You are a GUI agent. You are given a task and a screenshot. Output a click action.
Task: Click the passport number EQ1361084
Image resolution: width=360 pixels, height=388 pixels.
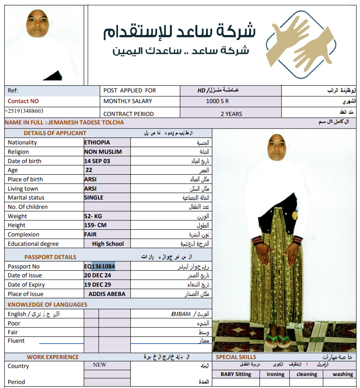pyautogui.click(x=100, y=266)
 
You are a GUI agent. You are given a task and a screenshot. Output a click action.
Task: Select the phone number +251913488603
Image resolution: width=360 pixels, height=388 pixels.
pyautogui.click(x=24, y=111)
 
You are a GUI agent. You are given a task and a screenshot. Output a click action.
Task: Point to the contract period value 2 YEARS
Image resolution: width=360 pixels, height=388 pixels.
pyautogui.click(x=231, y=114)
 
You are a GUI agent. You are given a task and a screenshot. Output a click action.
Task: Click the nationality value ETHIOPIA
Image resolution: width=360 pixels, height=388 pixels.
pyautogui.click(x=97, y=143)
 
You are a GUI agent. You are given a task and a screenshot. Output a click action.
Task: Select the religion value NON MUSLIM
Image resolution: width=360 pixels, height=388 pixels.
pyautogui.click(x=103, y=152)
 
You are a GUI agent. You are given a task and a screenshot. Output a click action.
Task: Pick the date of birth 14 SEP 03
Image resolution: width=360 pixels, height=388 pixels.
pyautogui.click(x=97, y=161)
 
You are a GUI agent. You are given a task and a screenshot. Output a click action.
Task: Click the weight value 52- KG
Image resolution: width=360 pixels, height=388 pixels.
pyautogui.click(x=93, y=216)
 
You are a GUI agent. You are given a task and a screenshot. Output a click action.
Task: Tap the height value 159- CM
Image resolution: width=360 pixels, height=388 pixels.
pyautogui.click(x=95, y=225)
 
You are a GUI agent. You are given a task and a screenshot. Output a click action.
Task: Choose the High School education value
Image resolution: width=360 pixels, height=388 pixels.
pyautogui.click(x=108, y=244)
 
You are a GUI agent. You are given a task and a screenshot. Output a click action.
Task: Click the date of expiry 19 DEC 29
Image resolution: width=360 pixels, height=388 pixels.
pyautogui.click(x=97, y=285)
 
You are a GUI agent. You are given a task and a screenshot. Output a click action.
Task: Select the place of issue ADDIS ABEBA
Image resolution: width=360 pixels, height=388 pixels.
pyautogui.click(x=107, y=294)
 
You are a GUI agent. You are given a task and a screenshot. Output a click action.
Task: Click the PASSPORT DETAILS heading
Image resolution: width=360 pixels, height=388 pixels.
pyautogui.click(x=50, y=257)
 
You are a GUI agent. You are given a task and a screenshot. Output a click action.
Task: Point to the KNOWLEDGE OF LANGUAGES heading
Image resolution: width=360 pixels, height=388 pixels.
pyautogui.click(x=48, y=305)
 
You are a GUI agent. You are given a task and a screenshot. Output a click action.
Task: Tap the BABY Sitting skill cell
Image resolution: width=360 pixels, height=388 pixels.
pyautogui.click(x=236, y=374)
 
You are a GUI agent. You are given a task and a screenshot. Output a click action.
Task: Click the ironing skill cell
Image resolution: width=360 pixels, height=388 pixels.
pyautogui.click(x=275, y=374)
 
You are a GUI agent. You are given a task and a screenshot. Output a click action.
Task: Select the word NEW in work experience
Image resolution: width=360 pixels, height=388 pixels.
pyautogui.click(x=100, y=365)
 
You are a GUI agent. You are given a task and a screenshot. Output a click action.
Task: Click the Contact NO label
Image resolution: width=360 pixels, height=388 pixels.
pyautogui.click(x=23, y=101)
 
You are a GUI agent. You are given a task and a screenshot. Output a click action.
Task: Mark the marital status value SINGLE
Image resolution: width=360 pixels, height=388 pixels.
pyautogui.click(x=93, y=198)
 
